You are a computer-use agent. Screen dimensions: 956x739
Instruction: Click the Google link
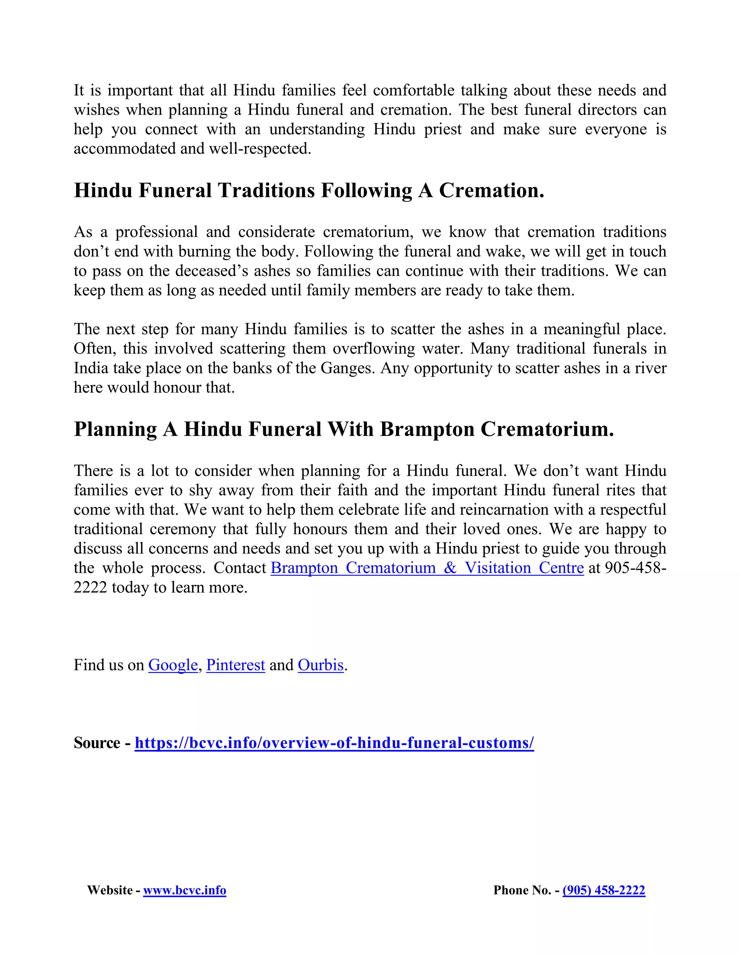(173, 665)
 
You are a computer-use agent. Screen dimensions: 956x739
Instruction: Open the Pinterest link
(236, 665)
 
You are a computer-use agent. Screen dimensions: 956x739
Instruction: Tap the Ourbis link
(320, 665)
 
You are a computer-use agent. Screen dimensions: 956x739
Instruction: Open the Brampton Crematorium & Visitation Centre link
(427, 568)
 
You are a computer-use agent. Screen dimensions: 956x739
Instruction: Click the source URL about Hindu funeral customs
(334, 743)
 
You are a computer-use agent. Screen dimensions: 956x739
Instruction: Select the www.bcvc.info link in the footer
(184, 890)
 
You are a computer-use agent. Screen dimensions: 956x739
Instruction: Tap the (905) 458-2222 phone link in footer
(604, 890)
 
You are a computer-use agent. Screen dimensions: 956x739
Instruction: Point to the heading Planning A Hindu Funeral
(344, 429)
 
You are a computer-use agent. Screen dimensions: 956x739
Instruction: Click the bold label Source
(97, 743)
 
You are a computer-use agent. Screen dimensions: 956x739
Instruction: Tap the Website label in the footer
(110, 890)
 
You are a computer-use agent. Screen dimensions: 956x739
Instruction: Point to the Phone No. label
(522, 890)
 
